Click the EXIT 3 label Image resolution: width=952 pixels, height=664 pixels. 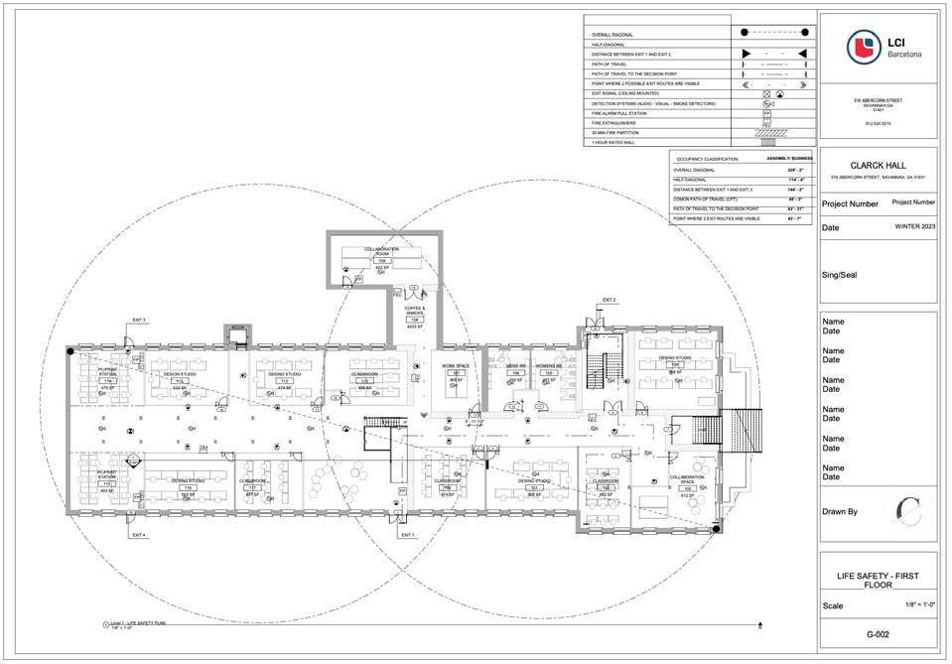pyautogui.click(x=139, y=320)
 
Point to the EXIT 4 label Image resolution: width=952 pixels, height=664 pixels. pyautogui.click(x=139, y=535)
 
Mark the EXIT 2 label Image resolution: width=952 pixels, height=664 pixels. pyautogui.click(x=609, y=299)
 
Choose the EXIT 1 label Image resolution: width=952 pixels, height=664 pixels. pyautogui.click(x=406, y=535)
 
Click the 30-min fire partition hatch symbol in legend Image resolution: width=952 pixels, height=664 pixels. pyautogui.click(x=766, y=133)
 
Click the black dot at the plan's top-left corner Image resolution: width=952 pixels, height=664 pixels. pyautogui.click(x=69, y=350)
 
